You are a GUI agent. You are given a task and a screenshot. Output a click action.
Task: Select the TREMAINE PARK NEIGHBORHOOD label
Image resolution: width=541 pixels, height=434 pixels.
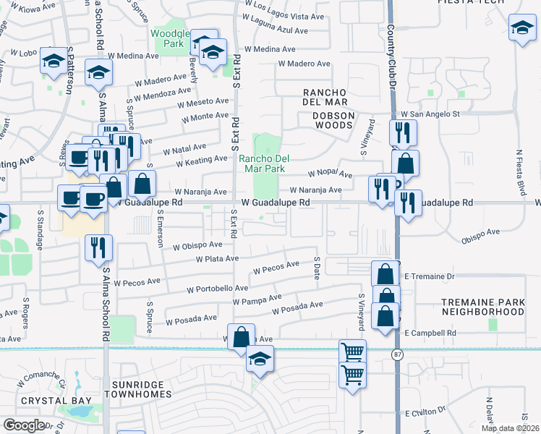point(483,306)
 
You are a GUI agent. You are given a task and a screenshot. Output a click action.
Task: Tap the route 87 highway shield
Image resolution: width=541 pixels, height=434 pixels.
point(398,354)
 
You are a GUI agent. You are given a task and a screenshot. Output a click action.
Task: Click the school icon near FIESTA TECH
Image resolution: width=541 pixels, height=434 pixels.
point(522,29)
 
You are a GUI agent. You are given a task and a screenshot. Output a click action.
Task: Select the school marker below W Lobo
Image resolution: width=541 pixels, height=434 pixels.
point(54,61)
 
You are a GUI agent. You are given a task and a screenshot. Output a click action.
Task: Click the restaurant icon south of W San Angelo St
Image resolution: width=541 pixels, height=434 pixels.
point(402,132)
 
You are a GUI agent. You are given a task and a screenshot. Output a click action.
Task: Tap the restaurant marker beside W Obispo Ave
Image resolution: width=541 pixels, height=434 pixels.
point(97,248)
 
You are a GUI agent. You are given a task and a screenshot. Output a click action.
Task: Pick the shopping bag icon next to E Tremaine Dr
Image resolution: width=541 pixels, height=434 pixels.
point(385,274)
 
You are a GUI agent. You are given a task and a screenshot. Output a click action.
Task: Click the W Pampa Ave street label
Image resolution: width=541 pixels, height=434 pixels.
point(257,299)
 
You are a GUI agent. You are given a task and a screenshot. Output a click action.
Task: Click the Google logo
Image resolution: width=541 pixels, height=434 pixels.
point(24,425)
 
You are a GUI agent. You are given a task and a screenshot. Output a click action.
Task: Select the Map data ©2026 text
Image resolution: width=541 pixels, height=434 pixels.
point(510,428)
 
